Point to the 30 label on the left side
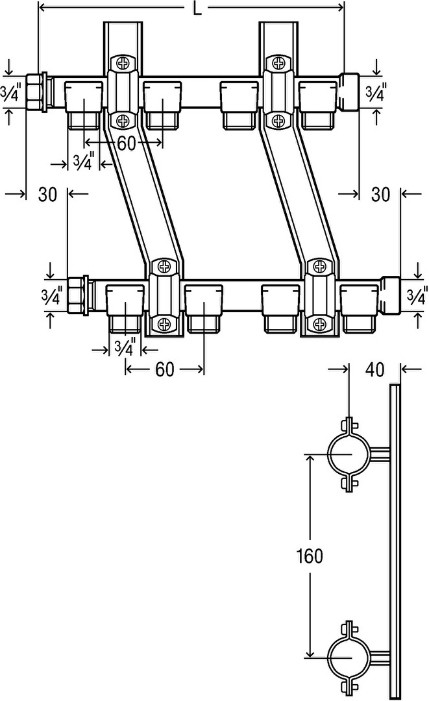click(x=47, y=194)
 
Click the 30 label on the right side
click(x=381, y=194)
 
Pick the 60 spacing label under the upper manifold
click(x=127, y=143)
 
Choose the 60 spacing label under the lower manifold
click(x=165, y=369)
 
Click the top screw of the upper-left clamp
click(x=121, y=63)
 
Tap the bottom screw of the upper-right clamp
click(x=278, y=120)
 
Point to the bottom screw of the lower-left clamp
click(x=161, y=323)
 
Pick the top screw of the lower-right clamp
click(x=318, y=266)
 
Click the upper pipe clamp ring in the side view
click(x=348, y=454)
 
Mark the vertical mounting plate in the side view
click(x=394, y=539)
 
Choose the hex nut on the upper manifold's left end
click(x=36, y=93)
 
